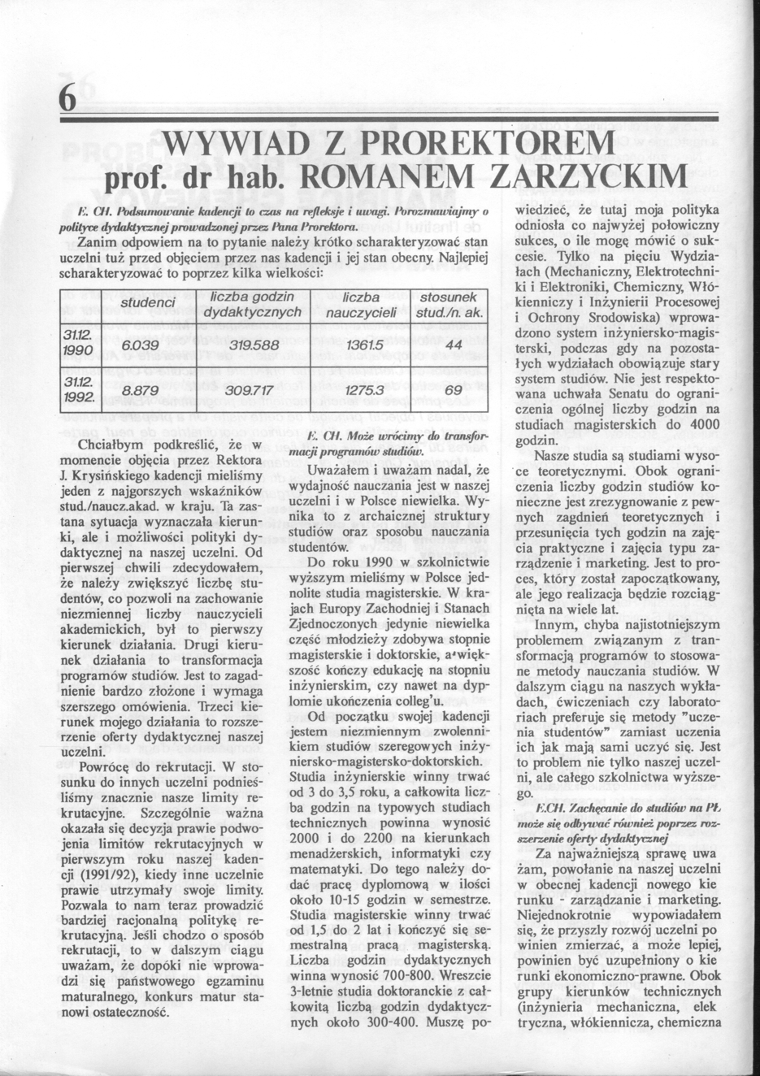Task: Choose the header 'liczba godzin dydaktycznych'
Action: click(253, 305)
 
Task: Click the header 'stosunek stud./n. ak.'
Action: click(449, 305)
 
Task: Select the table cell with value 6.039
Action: click(139, 346)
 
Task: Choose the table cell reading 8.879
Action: click(139, 392)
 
